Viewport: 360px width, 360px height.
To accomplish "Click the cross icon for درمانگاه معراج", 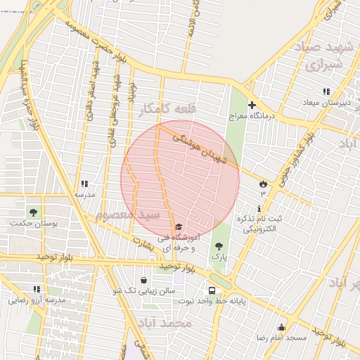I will tap(252, 105).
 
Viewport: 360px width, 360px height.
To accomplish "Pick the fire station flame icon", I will tap(263, 184).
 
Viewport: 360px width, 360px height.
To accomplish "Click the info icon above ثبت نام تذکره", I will tap(259, 208).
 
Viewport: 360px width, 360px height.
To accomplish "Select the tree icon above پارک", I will tap(219, 246).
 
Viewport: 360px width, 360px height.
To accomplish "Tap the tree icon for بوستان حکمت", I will tap(33, 212).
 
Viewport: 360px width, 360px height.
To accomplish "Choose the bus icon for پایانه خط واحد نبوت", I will tap(212, 290).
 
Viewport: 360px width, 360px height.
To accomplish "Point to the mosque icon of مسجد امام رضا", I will tap(282, 327).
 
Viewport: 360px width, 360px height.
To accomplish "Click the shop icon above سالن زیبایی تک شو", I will tap(144, 279).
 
